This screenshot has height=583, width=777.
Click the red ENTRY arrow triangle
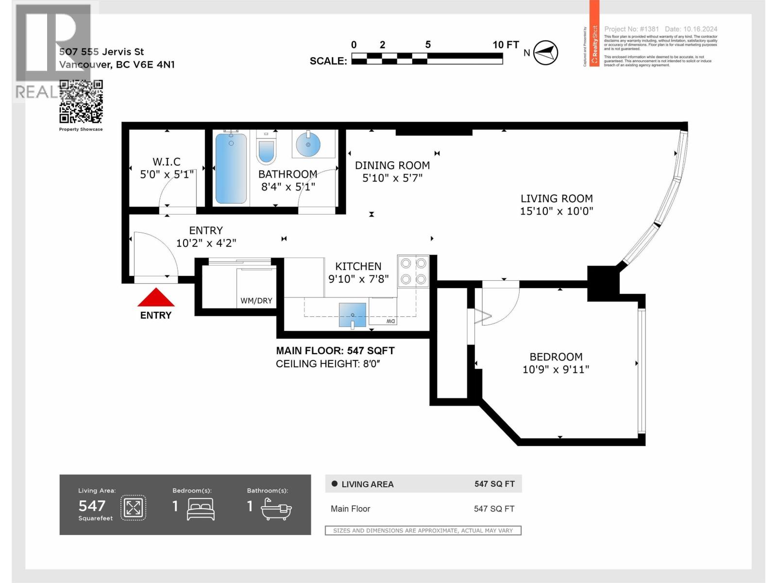coord(155,298)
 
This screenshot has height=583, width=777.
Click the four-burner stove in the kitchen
coord(413,271)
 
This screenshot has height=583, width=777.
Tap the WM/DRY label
coord(256,301)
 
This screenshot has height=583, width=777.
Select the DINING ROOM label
coord(392,166)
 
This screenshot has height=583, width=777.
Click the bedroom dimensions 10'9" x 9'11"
coord(556,369)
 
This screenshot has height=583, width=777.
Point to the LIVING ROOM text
coord(557,198)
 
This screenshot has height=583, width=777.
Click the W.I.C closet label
coord(167,162)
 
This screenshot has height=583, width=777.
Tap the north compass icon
coord(545,52)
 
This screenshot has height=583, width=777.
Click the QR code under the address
coord(81,102)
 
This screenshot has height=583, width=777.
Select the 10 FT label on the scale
coord(506,45)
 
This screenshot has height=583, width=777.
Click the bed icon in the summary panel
coord(201,509)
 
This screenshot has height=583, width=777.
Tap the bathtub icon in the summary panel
coord(276,509)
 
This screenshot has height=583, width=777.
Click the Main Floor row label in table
coord(350,509)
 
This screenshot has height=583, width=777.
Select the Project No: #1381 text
coord(631,29)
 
